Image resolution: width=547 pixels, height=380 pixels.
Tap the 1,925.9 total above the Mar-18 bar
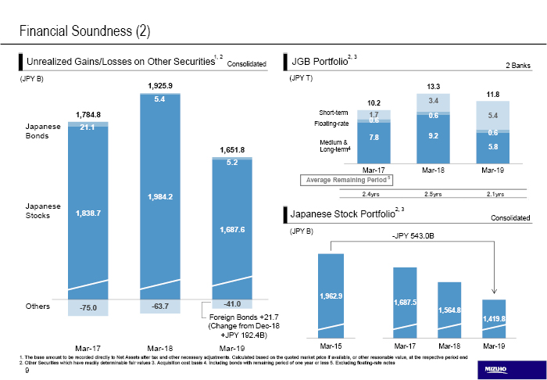click(x=159, y=84)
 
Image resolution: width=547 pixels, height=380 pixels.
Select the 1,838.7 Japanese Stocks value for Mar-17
click(x=88, y=213)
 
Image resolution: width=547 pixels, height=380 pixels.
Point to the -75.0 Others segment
click(x=88, y=308)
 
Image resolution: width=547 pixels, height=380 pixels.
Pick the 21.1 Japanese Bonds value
click(x=88, y=127)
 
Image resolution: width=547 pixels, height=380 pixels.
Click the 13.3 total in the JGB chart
click(x=434, y=85)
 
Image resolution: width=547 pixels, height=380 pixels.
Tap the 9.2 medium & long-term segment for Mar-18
click(x=434, y=135)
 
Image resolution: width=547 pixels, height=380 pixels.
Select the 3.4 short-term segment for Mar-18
click(x=434, y=102)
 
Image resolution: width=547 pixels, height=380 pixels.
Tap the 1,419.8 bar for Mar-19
click(x=494, y=318)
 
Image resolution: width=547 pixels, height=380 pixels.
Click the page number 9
click(x=27, y=360)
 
